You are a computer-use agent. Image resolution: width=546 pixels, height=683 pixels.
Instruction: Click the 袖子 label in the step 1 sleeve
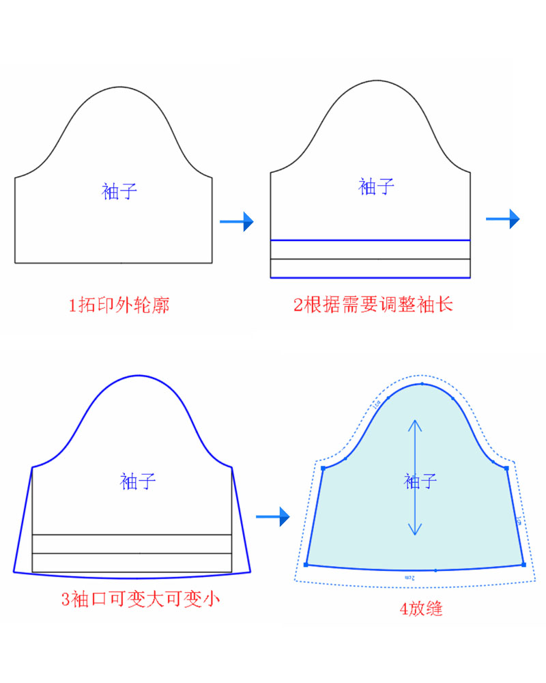point(120,191)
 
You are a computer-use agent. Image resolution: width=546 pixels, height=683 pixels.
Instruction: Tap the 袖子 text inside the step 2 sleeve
point(377,186)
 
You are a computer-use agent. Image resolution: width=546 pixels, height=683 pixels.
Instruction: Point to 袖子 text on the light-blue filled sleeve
point(420,481)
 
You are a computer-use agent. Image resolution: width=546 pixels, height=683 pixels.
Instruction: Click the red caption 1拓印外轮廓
point(119,305)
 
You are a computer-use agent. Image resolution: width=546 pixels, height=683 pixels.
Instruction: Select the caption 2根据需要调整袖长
point(373,305)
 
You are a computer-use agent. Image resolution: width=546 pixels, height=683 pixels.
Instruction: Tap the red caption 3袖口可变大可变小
point(141,600)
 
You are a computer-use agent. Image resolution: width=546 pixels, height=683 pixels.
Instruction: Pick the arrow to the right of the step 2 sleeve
point(503,219)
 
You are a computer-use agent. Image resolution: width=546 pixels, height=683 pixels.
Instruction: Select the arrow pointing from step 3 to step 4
point(273,517)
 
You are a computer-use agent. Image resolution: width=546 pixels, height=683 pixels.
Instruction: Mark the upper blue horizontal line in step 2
point(371,240)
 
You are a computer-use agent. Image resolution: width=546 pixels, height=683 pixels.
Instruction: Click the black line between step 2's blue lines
point(371,259)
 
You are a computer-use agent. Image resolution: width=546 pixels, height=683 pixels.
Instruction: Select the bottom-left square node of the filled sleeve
point(306,564)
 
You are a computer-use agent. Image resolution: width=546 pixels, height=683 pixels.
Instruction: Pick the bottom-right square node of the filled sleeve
point(523,564)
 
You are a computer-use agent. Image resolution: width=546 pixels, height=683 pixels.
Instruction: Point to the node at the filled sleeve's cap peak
point(422,384)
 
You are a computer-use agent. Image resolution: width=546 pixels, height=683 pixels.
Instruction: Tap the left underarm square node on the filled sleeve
point(323,468)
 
